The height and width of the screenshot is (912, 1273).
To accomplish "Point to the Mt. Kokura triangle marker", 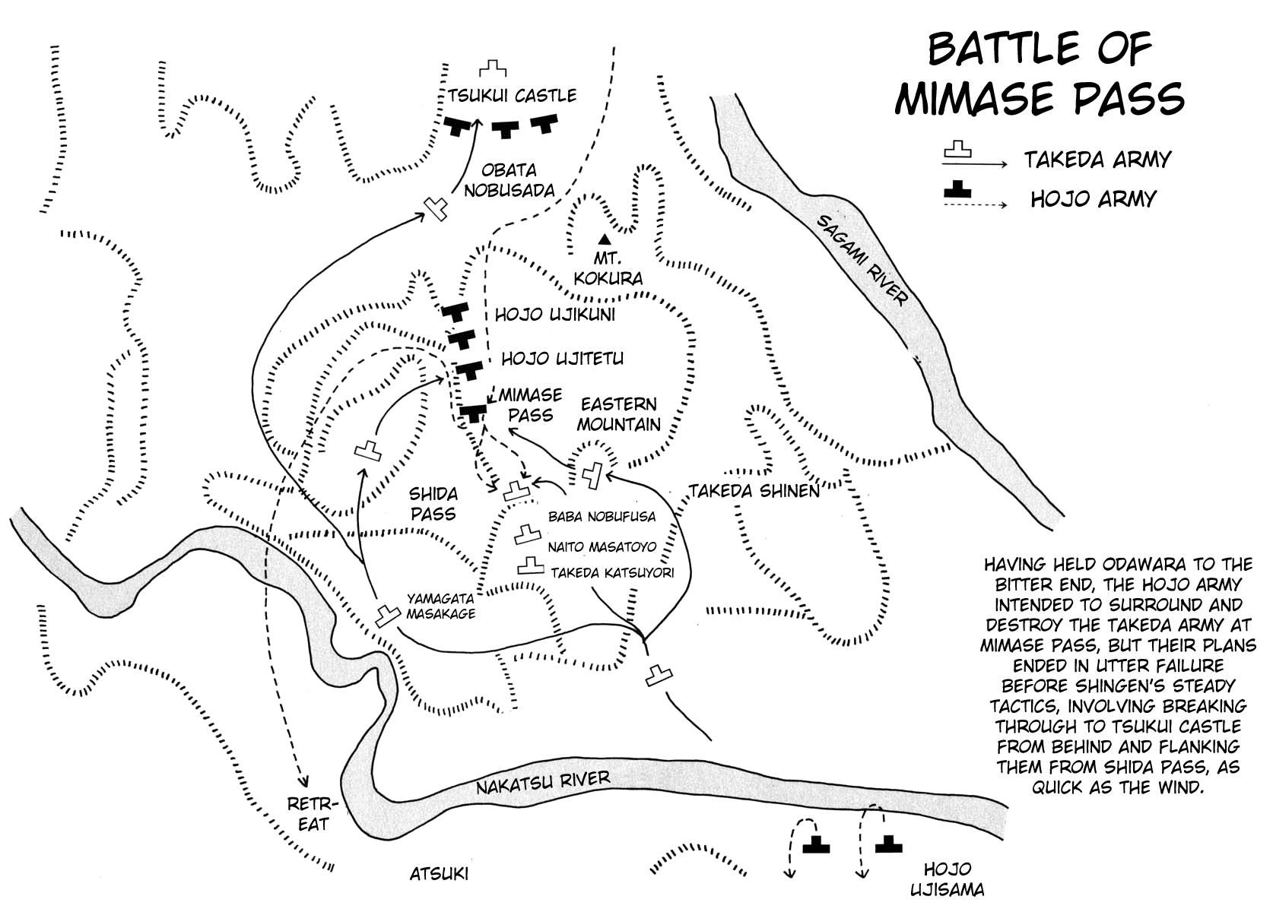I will (605, 238).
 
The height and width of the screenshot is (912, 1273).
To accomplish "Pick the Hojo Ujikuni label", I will (555, 315).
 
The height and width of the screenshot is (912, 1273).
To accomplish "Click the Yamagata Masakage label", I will (441, 606).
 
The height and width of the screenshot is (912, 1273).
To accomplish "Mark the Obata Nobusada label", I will (509, 180).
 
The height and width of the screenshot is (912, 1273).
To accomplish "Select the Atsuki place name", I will (439, 874).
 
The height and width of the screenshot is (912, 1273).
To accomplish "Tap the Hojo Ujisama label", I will (948, 879).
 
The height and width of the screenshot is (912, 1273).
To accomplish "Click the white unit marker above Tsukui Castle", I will (493, 69).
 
